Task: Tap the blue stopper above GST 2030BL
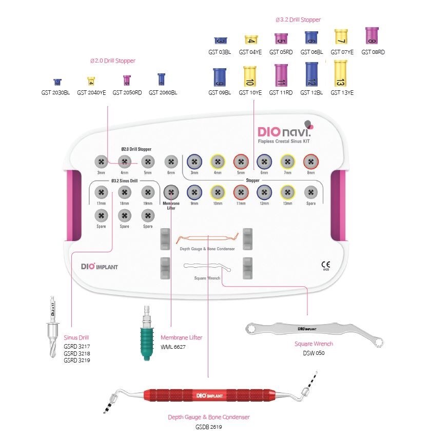click(x=57, y=82)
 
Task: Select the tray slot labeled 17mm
click(x=101, y=193)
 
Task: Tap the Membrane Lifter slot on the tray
click(x=171, y=193)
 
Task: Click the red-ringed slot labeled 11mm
click(x=241, y=193)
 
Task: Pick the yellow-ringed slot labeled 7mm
click(x=287, y=162)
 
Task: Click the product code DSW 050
click(x=314, y=353)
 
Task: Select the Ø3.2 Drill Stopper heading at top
click(x=298, y=19)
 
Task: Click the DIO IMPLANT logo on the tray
click(x=100, y=267)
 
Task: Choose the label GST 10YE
click(x=250, y=93)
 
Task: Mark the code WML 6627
click(x=173, y=347)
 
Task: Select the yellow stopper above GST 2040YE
click(x=91, y=81)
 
